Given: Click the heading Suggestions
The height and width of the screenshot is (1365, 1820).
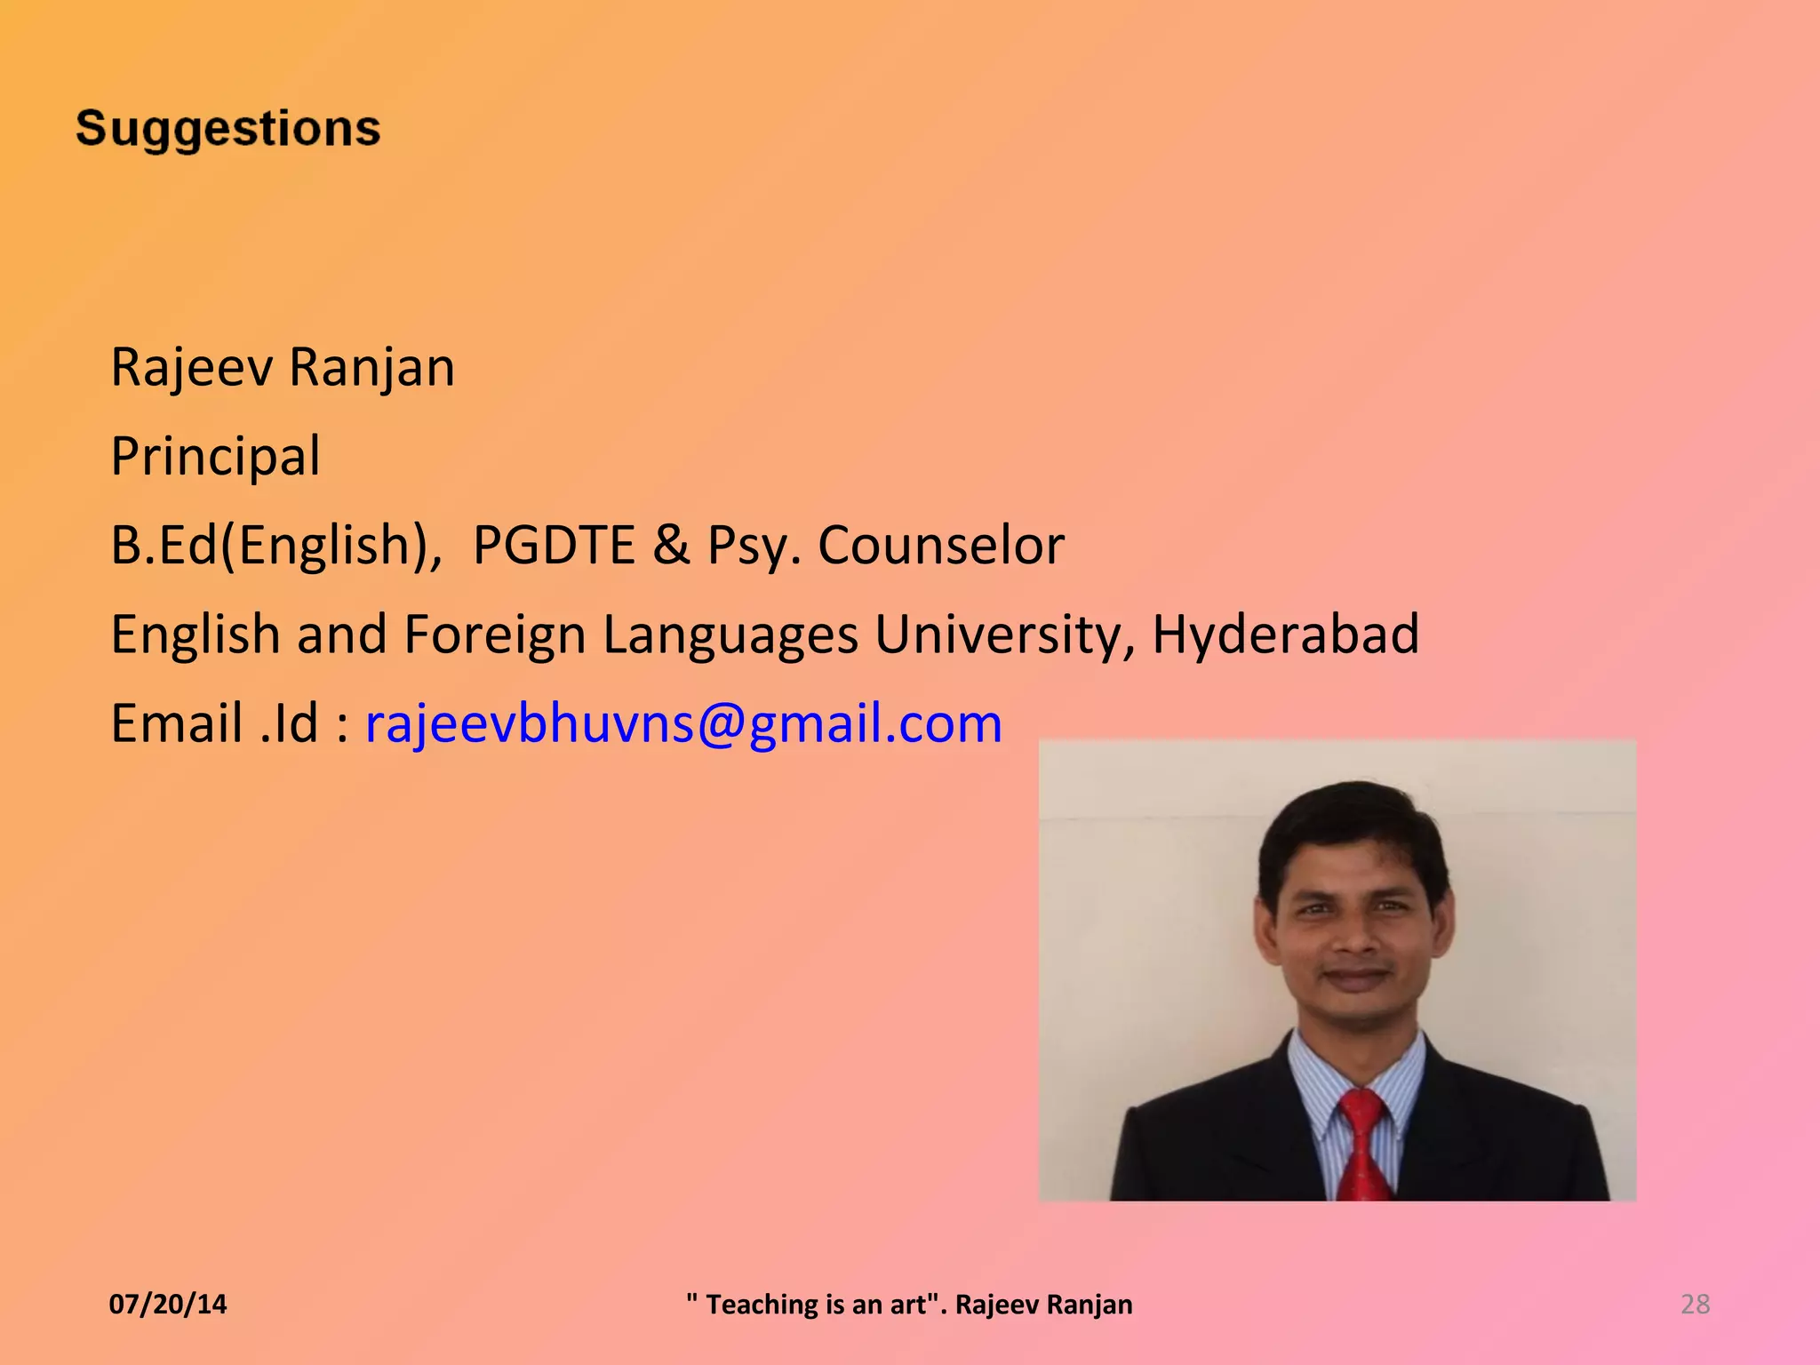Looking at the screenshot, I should click(x=228, y=129).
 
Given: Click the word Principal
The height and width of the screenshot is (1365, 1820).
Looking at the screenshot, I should click(x=215, y=456).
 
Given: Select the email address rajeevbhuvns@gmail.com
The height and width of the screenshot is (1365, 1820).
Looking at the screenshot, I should click(x=683, y=722).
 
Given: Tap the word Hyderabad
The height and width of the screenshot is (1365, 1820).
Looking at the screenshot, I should click(x=1285, y=634).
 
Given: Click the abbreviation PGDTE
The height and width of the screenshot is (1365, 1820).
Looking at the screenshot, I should click(x=554, y=545).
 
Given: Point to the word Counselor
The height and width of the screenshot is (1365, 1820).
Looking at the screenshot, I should click(x=940, y=545).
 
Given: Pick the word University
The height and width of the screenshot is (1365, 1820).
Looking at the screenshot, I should click(x=1004, y=635).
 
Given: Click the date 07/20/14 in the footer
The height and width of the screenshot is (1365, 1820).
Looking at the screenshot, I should click(x=168, y=1304).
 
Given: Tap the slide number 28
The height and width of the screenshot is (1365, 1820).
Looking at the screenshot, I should click(x=1695, y=1304).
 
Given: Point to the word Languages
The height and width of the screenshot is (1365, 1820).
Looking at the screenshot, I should click(x=730, y=635).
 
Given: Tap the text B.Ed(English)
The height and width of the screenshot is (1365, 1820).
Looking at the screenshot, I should click(x=275, y=545).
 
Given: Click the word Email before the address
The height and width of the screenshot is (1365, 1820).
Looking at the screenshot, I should click(x=176, y=722).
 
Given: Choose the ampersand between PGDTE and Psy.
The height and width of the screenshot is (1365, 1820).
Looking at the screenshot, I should click(x=671, y=545).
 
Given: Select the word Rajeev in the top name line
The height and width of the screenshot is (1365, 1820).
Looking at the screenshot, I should click(x=191, y=367).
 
